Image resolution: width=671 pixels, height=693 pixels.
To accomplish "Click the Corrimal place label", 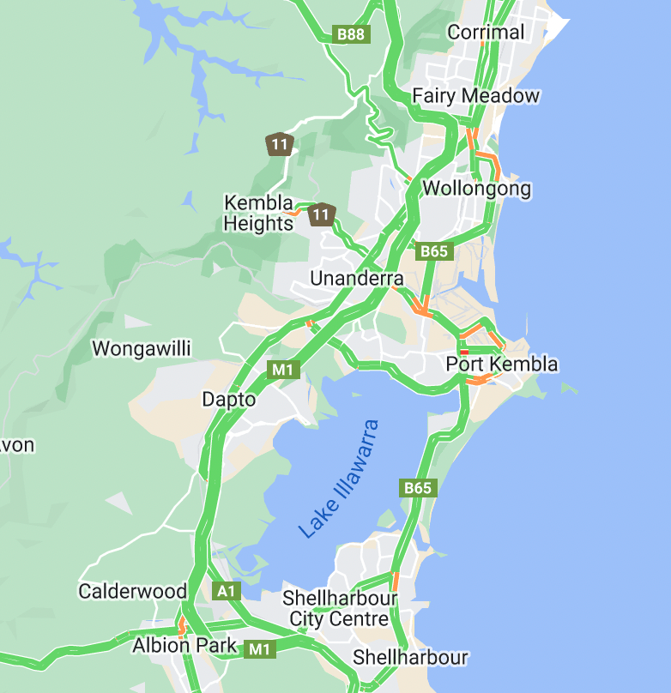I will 486,33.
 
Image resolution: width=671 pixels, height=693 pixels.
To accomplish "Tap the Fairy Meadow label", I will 475,95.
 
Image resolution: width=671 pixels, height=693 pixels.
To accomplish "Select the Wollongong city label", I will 477,188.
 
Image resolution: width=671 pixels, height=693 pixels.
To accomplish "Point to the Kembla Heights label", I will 258,214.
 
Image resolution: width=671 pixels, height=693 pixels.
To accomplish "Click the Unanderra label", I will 356,279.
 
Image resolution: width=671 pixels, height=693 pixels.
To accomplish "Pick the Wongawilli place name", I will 141,348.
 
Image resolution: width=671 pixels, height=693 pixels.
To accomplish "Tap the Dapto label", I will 228,399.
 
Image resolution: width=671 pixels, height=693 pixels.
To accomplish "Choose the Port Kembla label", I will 501,365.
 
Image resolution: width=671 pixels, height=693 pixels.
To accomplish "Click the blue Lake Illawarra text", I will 338,479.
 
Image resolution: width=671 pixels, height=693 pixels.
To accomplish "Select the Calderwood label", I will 132,591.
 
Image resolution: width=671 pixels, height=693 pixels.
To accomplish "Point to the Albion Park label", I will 184,645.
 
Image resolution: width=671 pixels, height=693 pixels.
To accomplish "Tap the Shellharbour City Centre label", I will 340,608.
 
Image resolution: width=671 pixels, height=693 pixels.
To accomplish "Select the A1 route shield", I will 226,591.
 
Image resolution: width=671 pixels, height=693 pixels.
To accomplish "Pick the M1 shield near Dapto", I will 282,370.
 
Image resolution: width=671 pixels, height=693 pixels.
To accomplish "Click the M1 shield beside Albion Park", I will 259,649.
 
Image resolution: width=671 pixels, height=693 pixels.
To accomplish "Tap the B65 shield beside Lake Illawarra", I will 418,487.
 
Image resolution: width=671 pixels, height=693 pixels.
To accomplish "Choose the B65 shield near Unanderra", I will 432,251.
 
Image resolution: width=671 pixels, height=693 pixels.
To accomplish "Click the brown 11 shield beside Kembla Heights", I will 321,214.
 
